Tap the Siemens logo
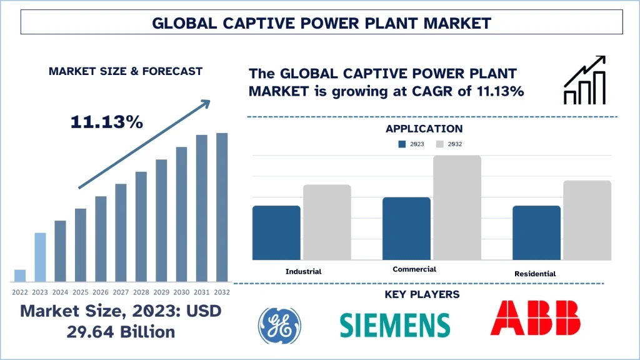[395, 325]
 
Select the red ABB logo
[535, 318]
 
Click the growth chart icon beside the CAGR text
[584, 80]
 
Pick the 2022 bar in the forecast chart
[20, 276]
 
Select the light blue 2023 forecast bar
[40, 257]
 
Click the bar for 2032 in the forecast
[222, 207]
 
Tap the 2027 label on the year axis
[121, 291]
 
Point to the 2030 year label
[181, 291]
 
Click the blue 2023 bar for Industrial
[276, 232]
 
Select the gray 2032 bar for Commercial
[457, 207]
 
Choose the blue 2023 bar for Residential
[536, 232]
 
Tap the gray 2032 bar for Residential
[587, 220]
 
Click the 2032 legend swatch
[439, 144]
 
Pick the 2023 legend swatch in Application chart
[402, 144]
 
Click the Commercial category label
[414, 269]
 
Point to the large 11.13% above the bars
[107, 122]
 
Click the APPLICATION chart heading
[424, 129]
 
